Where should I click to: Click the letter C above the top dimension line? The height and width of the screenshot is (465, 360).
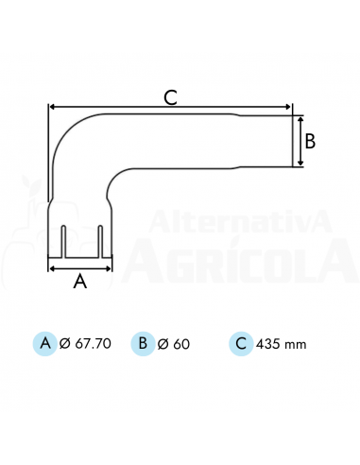(170, 97)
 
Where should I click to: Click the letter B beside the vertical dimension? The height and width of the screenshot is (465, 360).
(310, 141)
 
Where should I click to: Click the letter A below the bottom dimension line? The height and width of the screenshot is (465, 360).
(80, 281)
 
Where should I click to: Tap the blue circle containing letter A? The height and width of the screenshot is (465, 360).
(45, 343)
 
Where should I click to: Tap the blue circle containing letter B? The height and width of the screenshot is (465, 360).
(143, 343)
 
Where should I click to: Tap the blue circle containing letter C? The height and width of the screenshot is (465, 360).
(241, 343)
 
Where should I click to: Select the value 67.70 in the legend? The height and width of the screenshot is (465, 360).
(94, 343)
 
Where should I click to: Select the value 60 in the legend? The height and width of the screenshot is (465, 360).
(181, 344)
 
